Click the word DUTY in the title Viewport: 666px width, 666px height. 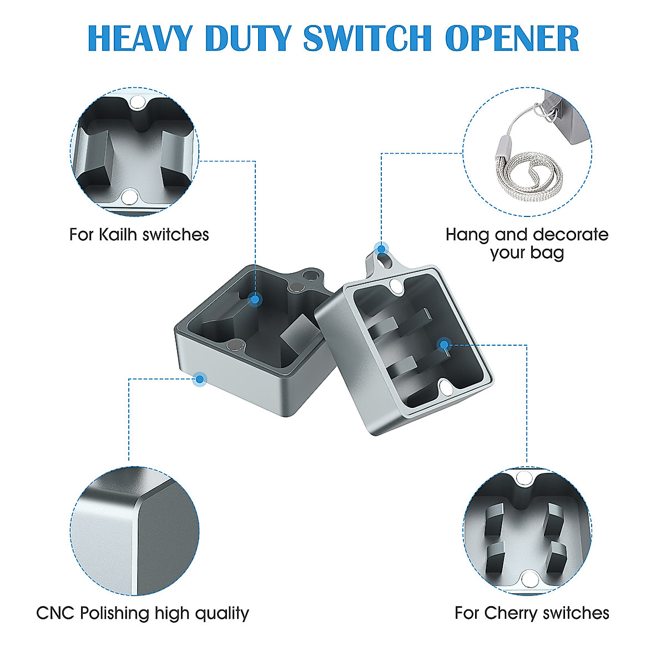pyautogui.click(x=247, y=38)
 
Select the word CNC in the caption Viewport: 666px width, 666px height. pyautogui.click(x=56, y=613)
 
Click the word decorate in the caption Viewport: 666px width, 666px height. pyautogui.click(x=570, y=234)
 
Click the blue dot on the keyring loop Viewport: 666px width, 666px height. pyautogui.click(x=381, y=248)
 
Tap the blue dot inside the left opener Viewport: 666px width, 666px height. pyautogui.click(x=254, y=300)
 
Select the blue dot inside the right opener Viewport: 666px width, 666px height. pyautogui.click(x=443, y=345)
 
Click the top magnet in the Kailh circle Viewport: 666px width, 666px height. pyautogui.click(x=137, y=102)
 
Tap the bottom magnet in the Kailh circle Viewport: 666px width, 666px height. pyautogui.click(x=129, y=196)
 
